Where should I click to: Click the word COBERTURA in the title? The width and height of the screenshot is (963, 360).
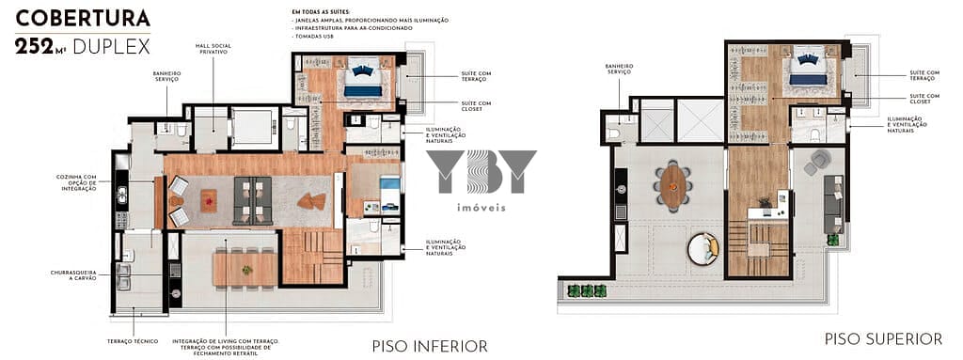click(84, 18)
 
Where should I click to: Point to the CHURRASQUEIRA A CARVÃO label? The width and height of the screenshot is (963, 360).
click(73, 275)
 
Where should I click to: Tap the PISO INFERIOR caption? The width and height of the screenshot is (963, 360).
click(430, 346)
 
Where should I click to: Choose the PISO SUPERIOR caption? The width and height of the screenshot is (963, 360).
click(883, 338)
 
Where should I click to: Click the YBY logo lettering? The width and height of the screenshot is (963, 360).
click(481, 173)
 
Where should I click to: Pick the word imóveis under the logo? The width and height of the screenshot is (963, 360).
click(481, 207)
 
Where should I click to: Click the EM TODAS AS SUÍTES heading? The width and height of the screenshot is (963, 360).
click(324, 11)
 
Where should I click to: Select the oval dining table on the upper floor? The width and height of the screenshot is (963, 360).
click(673, 185)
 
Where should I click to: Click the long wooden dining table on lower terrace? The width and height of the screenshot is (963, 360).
click(245, 268)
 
